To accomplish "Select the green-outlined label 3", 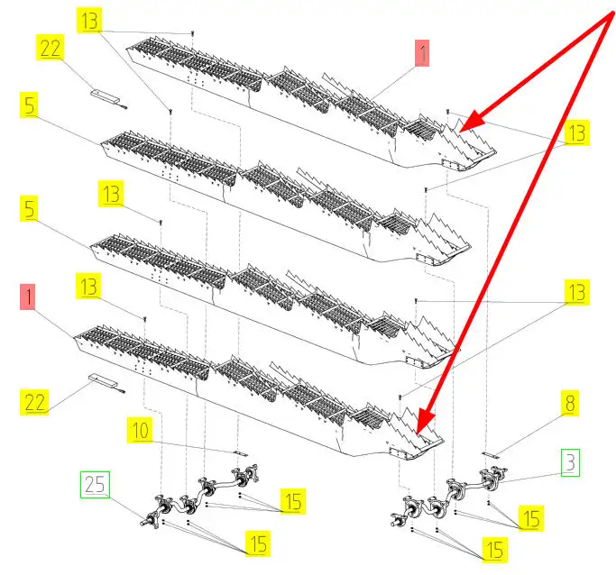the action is pyautogui.click(x=569, y=464).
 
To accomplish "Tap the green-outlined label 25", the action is pyautogui.click(x=95, y=486).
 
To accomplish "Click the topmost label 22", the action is pyautogui.click(x=51, y=49).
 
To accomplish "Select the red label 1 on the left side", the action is pyautogui.click(x=30, y=297).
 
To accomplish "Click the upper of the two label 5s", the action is pyautogui.click(x=30, y=105).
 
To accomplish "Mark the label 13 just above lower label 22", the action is pyautogui.click(x=89, y=287).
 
